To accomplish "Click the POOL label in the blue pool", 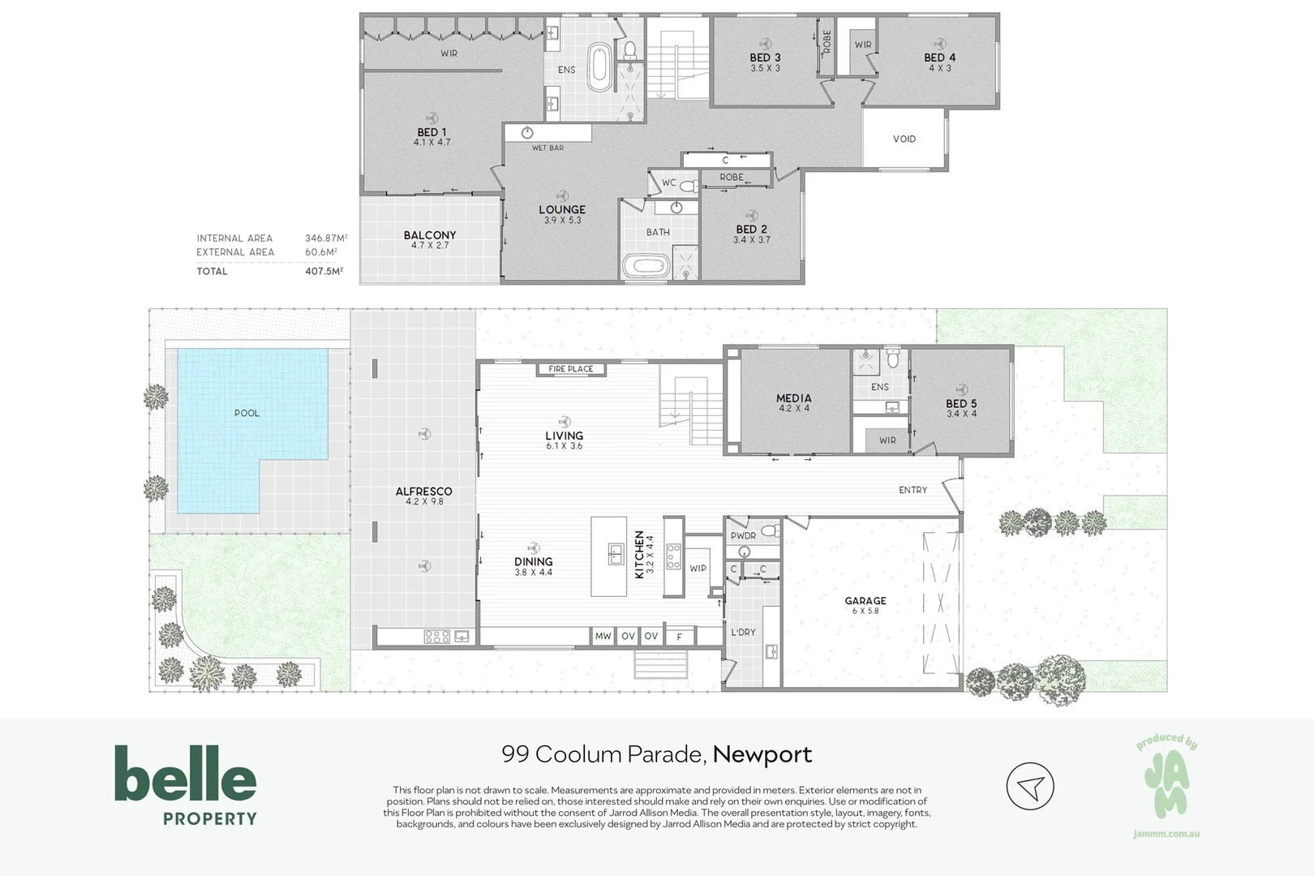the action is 247,413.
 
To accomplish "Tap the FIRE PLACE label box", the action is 571,369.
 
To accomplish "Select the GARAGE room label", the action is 865,601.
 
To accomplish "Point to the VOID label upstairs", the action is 904,139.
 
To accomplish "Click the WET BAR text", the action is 547,148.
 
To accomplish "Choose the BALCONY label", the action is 430,234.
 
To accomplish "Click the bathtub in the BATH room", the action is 646,266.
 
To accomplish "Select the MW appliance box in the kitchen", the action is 603,636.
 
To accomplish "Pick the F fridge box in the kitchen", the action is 679,636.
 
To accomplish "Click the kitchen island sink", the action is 616,554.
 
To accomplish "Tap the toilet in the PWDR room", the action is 771,531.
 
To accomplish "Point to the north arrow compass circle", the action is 1030,786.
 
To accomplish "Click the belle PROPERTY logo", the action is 186,785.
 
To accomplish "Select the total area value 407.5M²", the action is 324,271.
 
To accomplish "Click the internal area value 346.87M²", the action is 326,238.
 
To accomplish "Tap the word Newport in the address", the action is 762,754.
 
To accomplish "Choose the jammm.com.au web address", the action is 1166,834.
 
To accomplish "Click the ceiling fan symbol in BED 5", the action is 961,389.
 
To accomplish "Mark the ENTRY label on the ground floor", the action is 912,490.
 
